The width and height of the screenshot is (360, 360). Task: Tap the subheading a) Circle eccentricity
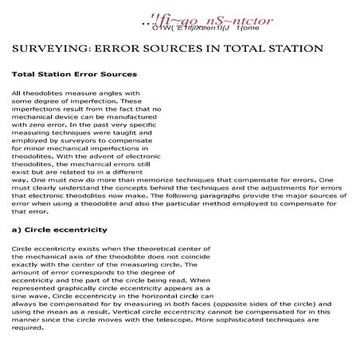click(59, 229)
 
